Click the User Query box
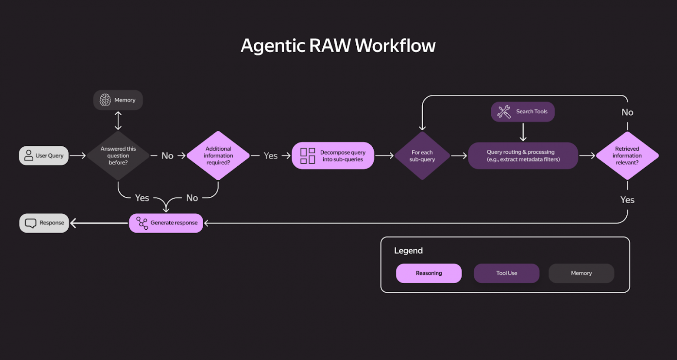(44, 155)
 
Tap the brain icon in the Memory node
(105, 100)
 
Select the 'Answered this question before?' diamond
(118, 155)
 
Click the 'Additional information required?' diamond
(218, 155)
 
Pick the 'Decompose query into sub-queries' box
(333, 155)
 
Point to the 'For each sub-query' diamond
(422, 155)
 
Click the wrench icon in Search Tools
(504, 112)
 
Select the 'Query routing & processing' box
(523, 155)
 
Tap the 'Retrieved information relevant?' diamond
(627, 155)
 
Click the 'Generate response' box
(166, 223)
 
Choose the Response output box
(44, 223)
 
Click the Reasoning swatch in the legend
(429, 273)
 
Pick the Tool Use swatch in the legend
(506, 273)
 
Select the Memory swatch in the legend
(581, 273)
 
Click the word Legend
(408, 251)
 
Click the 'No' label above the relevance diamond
(627, 112)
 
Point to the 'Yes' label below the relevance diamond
(627, 200)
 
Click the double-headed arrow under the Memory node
(118, 121)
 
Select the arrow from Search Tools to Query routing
(523, 132)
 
